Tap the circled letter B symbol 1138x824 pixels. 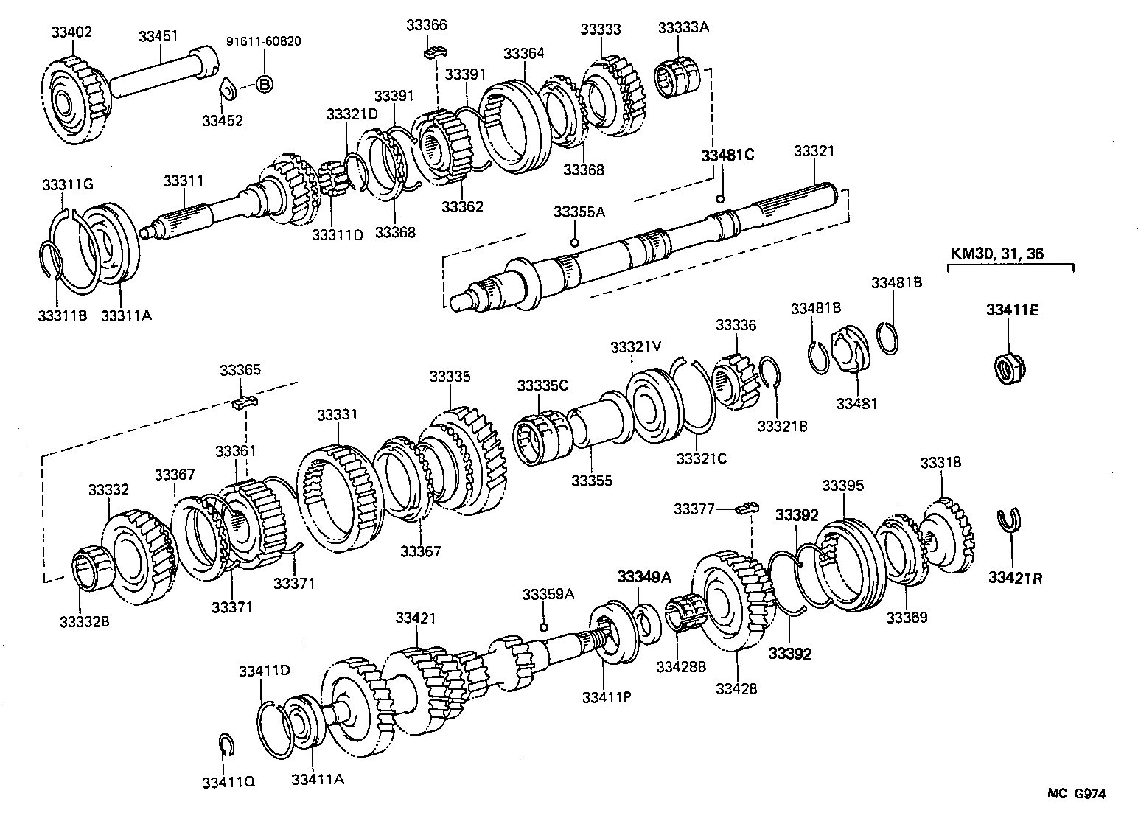(264, 84)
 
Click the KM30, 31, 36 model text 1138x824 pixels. (996, 254)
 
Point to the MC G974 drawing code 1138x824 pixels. (1077, 794)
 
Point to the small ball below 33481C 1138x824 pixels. (720, 198)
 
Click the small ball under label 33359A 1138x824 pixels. (543, 626)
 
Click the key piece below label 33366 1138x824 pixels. (436, 52)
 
